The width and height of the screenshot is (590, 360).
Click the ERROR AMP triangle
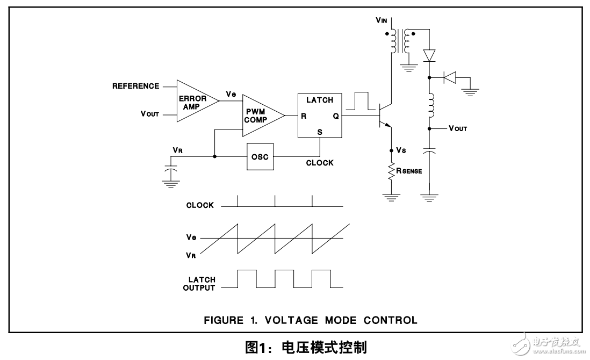pos(194,100)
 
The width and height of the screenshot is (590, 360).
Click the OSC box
pos(260,157)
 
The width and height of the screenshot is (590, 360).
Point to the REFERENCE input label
pos(135,86)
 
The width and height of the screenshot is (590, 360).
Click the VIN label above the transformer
pos(382,20)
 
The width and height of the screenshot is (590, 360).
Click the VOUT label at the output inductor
pos(457,129)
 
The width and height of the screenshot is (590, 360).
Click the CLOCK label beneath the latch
pos(320,163)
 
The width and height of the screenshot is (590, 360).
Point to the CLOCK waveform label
pos(200,205)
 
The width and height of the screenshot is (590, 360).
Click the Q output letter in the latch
pos(336,116)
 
